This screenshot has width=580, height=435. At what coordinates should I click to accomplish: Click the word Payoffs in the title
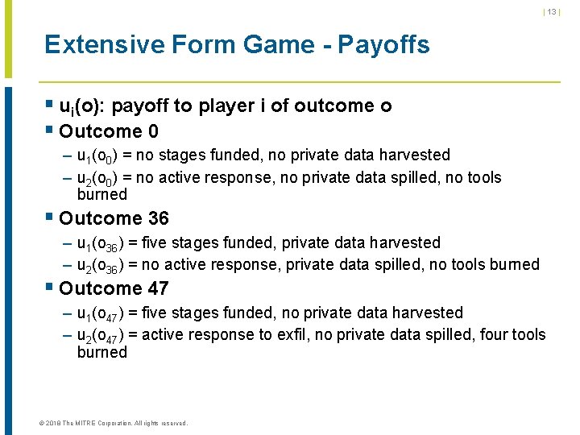click(383, 44)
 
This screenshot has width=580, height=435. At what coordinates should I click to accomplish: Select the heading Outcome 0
click(109, 130)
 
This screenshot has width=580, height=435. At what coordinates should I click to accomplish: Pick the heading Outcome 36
click(114, 218)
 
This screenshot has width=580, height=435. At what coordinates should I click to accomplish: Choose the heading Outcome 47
click(114, 288)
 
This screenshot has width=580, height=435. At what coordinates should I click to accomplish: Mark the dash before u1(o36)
click(68, 242)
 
